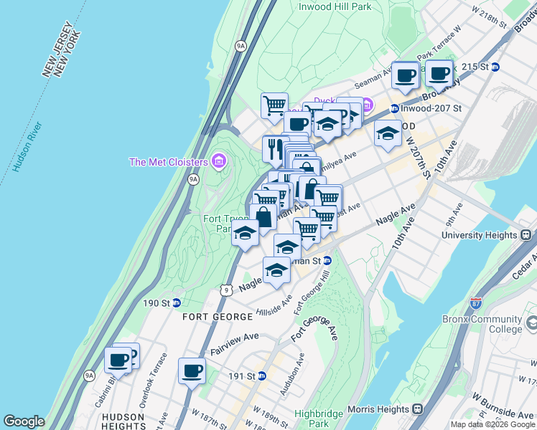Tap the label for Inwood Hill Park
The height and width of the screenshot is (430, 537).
(336, 6)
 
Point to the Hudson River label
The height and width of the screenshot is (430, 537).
(27, 147)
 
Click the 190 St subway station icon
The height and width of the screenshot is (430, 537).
(176, 303)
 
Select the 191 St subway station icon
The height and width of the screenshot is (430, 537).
(262, 376)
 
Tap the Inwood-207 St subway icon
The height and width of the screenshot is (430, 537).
(394, 109)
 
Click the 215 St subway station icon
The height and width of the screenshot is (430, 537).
(495, 67)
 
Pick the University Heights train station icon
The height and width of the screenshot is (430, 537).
(526, 235)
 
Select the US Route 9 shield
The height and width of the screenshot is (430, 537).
(227, 290)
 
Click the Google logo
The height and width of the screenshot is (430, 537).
(24, 421)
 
